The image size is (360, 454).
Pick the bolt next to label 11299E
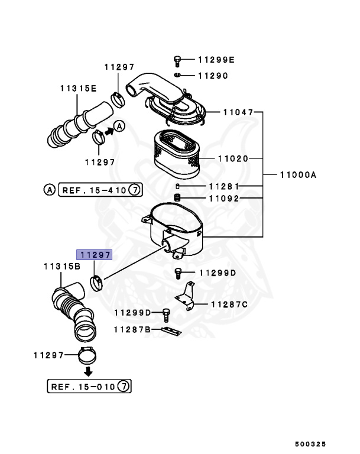[177, 60]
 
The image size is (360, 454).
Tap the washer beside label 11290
[177, 76]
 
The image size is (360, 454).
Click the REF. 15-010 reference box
[89, 387]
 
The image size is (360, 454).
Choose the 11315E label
[77, 87]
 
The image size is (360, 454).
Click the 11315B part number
[61, 267]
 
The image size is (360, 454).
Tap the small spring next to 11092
[176, 197]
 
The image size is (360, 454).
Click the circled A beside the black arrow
[119, 127]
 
